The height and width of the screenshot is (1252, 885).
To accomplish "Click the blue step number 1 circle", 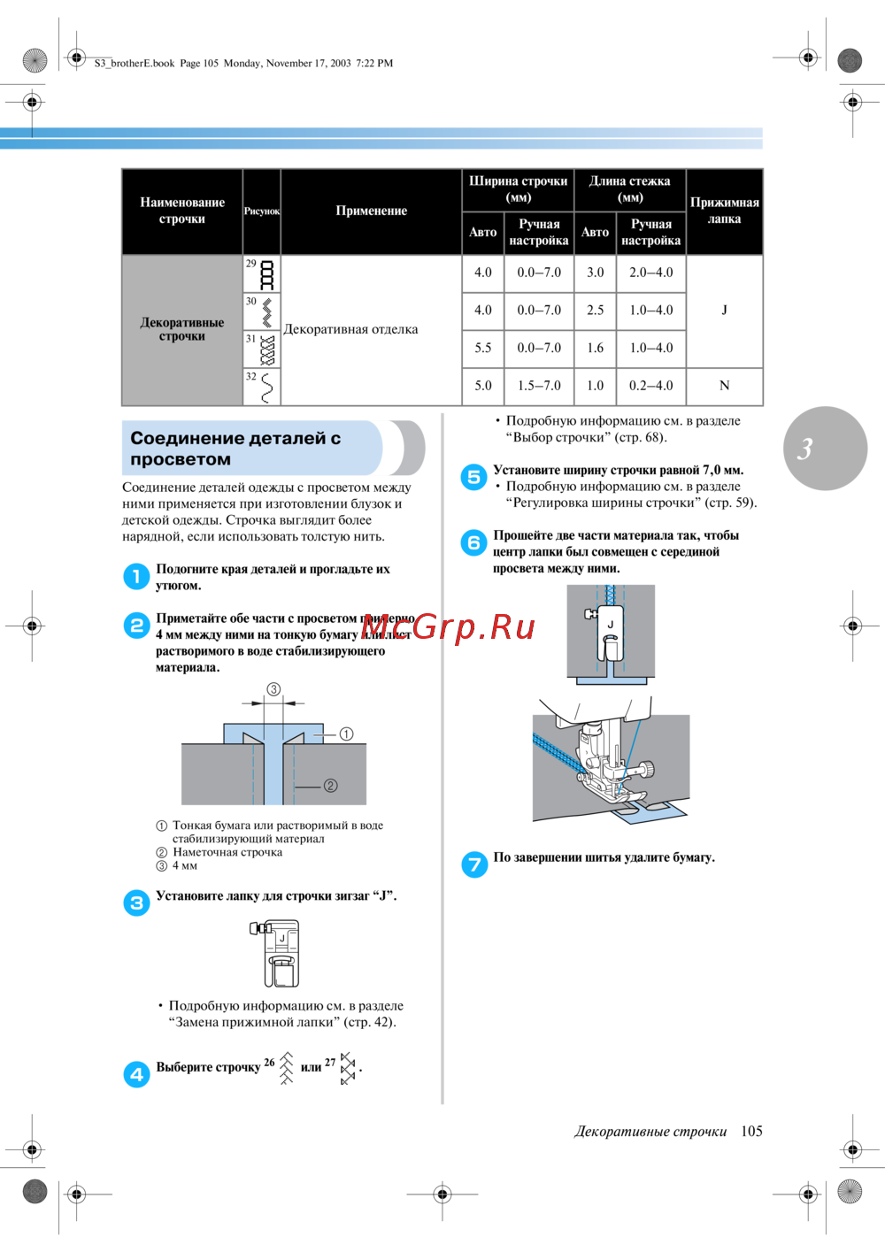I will [136, 577].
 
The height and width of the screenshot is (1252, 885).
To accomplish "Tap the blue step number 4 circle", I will [136, 1074].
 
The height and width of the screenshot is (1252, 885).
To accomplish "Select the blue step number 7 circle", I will [474, 864].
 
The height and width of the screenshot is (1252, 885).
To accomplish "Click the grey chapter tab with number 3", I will [825, 449].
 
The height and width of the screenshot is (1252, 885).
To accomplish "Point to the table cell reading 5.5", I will [483, 348].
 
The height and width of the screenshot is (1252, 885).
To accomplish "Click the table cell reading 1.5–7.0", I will [539, 386].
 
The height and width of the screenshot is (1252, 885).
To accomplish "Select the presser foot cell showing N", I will [724, 386].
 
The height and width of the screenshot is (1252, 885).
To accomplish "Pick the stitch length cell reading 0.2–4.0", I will [651, 386].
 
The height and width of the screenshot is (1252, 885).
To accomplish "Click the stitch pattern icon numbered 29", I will [266, 275].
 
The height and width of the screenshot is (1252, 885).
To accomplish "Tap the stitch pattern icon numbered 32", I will [266, 388].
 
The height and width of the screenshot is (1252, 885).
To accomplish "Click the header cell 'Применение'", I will [372, 211].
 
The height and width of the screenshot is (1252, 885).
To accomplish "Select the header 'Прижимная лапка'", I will [724, 211].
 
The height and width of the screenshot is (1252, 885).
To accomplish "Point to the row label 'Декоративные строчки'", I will [182, 329].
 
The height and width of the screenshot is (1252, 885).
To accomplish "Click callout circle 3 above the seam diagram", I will [273, 689].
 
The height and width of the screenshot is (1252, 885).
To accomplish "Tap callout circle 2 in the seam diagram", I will [330, 786].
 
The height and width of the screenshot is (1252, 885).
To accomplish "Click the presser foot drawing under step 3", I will [277, 953].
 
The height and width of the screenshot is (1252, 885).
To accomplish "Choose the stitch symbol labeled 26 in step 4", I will [286, 1067].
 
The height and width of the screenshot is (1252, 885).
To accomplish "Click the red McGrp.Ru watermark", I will [448, 626].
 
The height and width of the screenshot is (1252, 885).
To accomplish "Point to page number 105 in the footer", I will [751, 1131].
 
